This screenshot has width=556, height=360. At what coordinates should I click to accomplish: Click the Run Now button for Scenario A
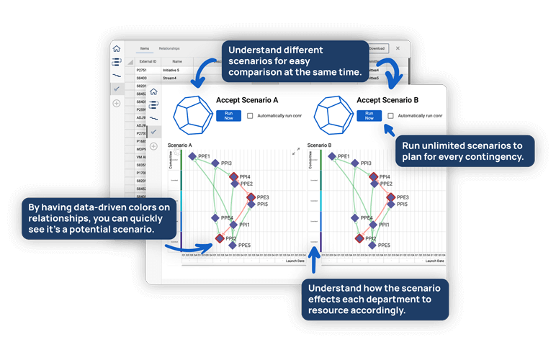pyautogui.click(x=228, y=116)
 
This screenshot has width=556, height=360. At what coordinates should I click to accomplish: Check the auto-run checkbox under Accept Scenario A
pyautogui.click(x=250, y=116)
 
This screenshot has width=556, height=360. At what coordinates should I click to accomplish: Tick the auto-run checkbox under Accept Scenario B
pyautogui.click(x=390, y=116)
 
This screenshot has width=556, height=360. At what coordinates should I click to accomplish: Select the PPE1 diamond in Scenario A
pyautogui.click(x=192, y=156)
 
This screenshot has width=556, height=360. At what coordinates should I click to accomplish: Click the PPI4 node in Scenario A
pyautogui.click(x=233, y=176)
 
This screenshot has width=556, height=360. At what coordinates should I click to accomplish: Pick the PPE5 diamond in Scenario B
pyautogui.click(x=373, y=246)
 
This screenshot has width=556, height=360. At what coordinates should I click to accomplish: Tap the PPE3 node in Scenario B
pyautogui.click(x=390, y=197)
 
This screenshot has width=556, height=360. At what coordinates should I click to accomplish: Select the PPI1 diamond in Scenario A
pyautogui.click(x=233, y=225)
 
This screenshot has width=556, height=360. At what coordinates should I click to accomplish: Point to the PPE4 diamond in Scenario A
pyautogui.click(x=215, y=217)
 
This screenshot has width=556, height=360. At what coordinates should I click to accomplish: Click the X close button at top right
pyautogui.click(x=398, y=49)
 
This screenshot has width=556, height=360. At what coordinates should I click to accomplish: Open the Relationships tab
pyautogui.click(x=169, y=48)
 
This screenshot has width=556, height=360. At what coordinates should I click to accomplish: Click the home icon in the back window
pyautogui.click(x=117, y=49)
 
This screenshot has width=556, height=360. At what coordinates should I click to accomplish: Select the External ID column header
pyautogui.click(x=148, y=61)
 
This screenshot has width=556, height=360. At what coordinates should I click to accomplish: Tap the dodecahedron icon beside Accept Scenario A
pyautogui.click(x=193, y=114)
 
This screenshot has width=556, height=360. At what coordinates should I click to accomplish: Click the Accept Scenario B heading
pyautogui.click(x=387, y=100)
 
